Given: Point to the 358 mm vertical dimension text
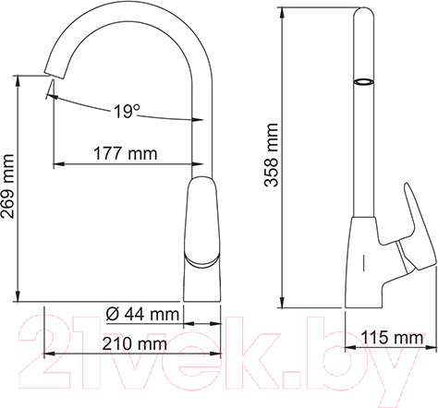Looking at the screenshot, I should [x=272, y=156].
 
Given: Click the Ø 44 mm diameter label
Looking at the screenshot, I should [x=141, y=314].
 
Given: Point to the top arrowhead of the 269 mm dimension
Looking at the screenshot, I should [x=18, y=78].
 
